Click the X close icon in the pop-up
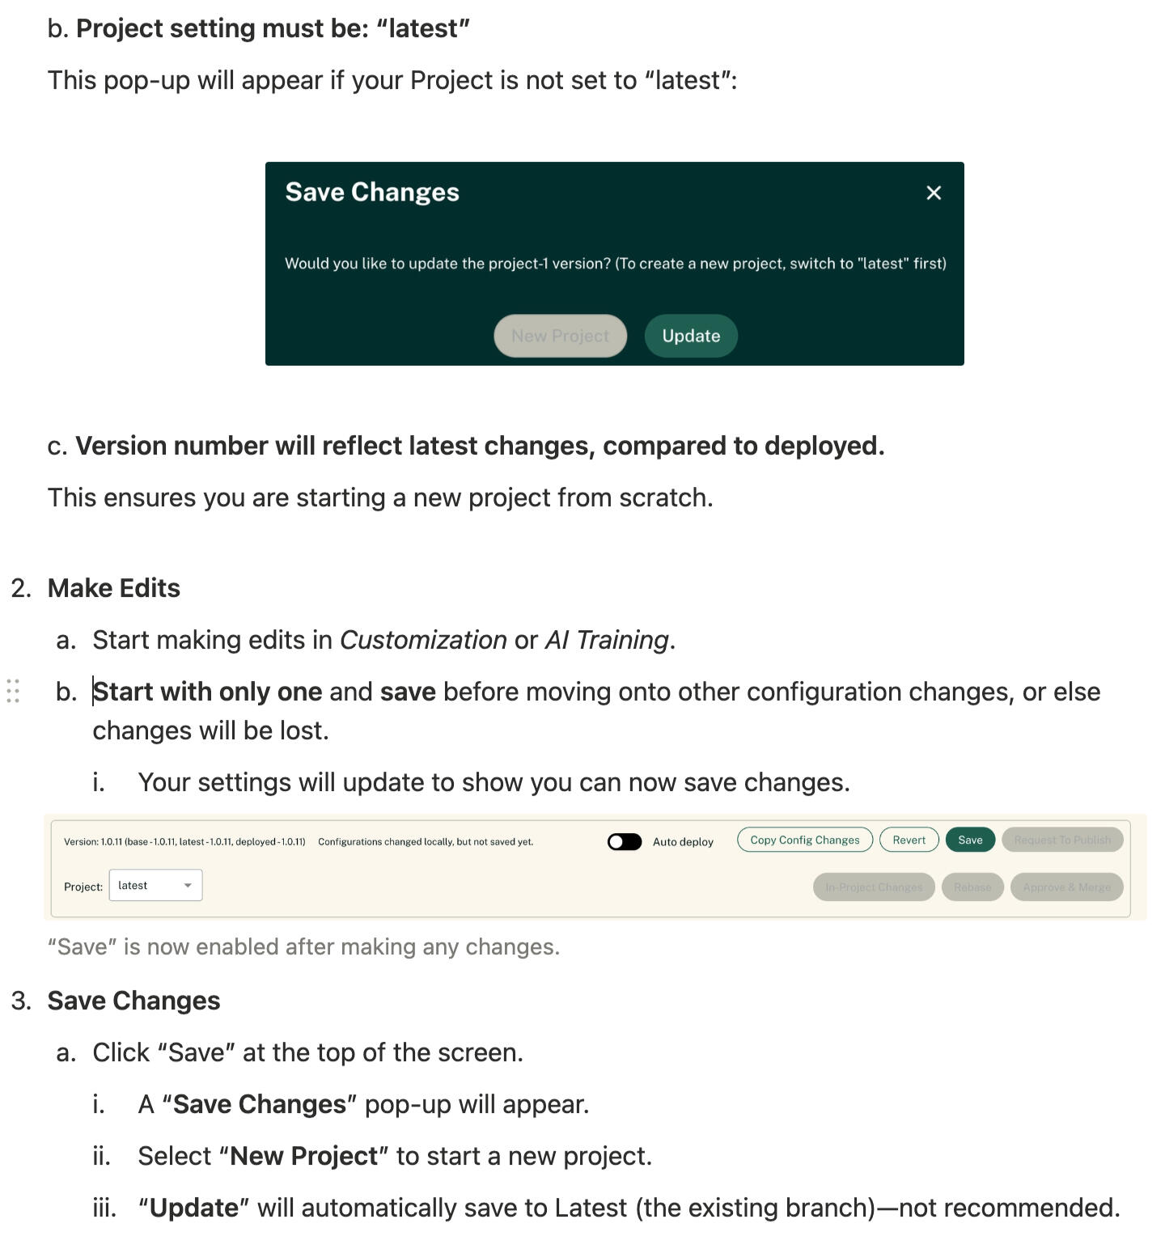pyautogui.click(x=934, y=193)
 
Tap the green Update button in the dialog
pyautogui.click(x=691, y=336)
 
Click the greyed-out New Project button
pyautogui.click(x=560, y=336)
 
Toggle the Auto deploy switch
pyautogui.click(x=625, y=842)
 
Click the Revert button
pyautogui.click(x=909, y=840)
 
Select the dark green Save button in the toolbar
pyautogui.click(x=970, y=840)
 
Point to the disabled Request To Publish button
pyautogui.click(x=1062, y=840)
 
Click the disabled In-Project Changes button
pyautogui.click(x=874, y=887)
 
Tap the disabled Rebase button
pyautogui.click(x=972, y=887)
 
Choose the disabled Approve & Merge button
pyautogui.click(x=1066, y=887)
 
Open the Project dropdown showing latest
pyautogui.click(x=155, y=885)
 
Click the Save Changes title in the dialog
pyautogui.click(x=372, y=192)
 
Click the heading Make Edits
pyautogui.click(x=114, y=588)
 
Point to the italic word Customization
pyautogui.click(x=423, y=640)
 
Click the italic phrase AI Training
pyautogui.click(x=607, y=640)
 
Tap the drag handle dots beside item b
pyautogui.click(x=13, y=691)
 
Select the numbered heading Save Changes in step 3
pyautogui.click(x=133, y=1001)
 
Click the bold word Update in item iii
pyautogui.click(x=194, y=1208)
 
